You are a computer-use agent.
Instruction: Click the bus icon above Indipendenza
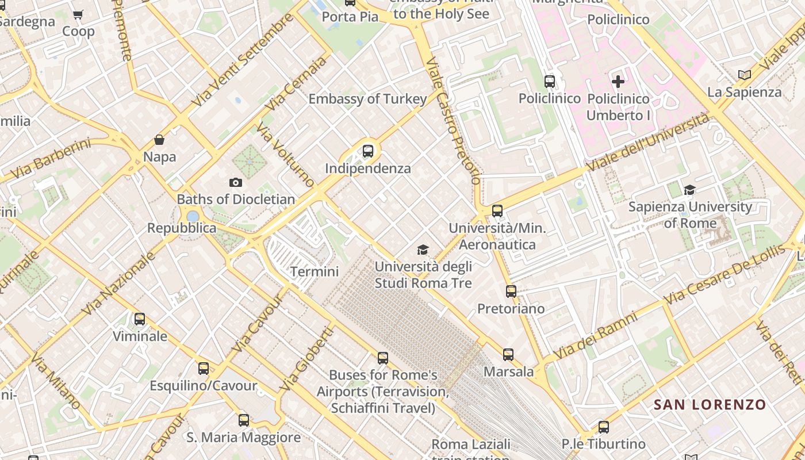point(368,151)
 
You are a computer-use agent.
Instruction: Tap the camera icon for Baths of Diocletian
point(235,183)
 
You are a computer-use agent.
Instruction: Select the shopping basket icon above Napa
point(159,140)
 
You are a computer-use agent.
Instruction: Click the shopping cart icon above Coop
point(78,14)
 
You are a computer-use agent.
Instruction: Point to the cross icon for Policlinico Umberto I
point(618,82)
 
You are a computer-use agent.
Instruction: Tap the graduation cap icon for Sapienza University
point(689,190)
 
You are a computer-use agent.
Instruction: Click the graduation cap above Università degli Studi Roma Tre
point(423,250)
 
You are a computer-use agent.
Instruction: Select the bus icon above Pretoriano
point(511,292)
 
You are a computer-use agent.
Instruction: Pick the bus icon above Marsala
point(508,355)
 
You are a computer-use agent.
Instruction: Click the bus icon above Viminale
point(140,319)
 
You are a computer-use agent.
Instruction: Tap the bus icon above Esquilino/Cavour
point(204,369)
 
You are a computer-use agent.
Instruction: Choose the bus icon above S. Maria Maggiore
point(244,420)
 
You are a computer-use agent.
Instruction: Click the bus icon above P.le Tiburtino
point(604,427)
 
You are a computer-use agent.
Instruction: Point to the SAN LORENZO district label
point(710,404)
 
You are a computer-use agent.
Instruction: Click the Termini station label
point(315,271)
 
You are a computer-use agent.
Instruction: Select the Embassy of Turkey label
point(367,99)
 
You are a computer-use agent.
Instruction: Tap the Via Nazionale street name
point(119,284)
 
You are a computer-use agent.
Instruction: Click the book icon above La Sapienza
point(745,75)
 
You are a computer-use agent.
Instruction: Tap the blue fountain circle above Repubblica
point(193,216)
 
